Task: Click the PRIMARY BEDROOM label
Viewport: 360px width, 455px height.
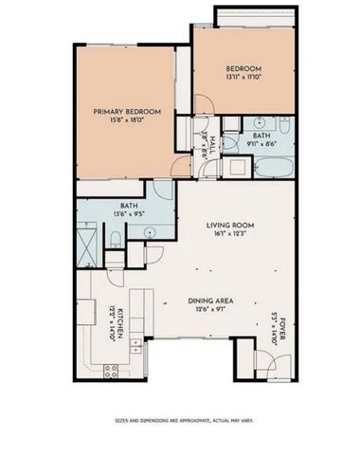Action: click(x=126, y=112)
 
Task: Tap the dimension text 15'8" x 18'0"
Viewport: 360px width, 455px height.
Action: click(x=126, y=121)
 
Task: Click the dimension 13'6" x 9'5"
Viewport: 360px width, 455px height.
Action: click(x=129, y=214)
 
